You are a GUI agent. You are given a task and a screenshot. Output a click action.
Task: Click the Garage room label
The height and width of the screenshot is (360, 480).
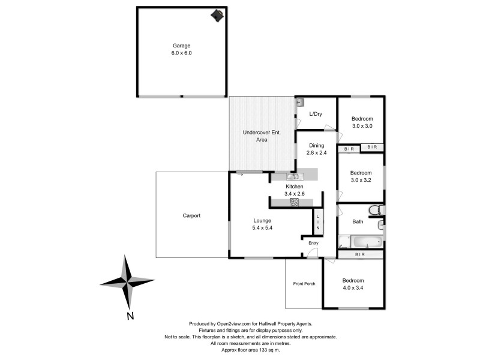click(x=182, y=45)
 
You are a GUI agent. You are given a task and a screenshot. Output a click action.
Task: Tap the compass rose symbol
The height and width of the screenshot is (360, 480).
click(x=127, y=281)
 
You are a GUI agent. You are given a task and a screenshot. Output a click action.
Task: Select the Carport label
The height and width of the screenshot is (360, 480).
click(x=192, y=215)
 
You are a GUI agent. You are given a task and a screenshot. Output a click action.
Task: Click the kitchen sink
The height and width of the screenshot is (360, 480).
click(x=293, y=176)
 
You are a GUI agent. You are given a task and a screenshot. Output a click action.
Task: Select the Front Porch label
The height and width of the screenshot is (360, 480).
click(x=304, y=284)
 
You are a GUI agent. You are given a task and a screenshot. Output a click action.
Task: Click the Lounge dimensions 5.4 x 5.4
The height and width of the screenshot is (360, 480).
click(x=262, y=228)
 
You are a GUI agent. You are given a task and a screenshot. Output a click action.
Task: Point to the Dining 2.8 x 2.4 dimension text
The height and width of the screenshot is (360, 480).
click(x=316, y=153)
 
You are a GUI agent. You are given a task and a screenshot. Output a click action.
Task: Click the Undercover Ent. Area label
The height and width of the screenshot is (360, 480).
click(x=254, y=136)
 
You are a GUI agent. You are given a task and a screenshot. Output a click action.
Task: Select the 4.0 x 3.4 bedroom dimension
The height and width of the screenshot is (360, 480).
click(x=353, y=288)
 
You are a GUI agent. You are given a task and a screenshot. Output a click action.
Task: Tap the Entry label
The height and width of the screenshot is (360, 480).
click(x=313, y=242)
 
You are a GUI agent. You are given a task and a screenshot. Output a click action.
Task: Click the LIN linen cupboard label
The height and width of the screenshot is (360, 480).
click(x=318, y=221)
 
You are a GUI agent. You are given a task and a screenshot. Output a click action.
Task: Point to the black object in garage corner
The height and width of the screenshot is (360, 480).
click(x=217, y=15)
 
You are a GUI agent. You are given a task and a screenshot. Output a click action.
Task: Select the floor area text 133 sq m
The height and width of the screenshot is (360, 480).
click(x=271, y=349)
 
